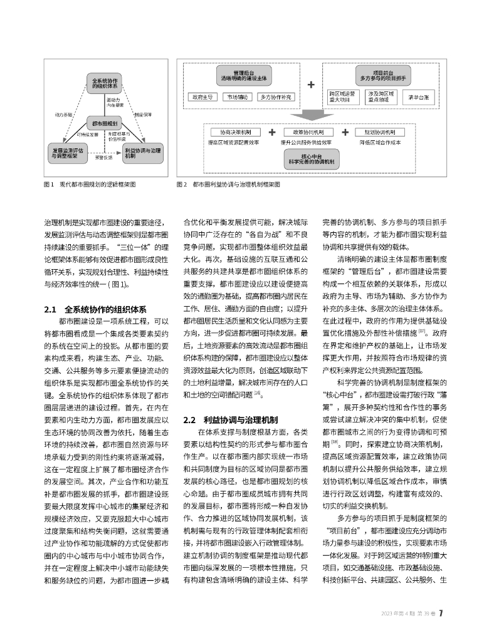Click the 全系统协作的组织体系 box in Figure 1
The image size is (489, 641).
[105, 85]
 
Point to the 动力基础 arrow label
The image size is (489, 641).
[63, 115]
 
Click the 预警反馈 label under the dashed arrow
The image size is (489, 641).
[103, 158]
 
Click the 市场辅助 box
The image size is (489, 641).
[238, 98]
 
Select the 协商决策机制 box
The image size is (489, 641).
[231, 133]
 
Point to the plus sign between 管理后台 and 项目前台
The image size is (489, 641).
[311, 84]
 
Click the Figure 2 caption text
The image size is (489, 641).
[232, 185]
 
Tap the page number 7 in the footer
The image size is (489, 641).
[441, 613]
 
